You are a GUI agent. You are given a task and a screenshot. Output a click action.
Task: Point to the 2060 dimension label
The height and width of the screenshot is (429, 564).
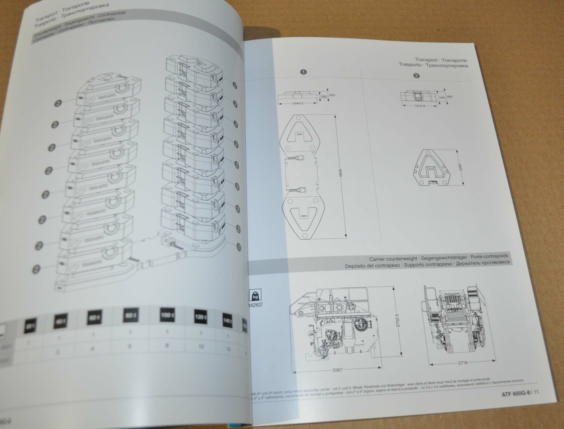(x=460, y=167)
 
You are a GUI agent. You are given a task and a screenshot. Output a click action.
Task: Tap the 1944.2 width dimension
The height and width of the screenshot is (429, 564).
(x=297, y=104)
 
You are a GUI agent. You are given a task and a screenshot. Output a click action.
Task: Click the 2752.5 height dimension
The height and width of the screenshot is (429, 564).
(x=396, y=320)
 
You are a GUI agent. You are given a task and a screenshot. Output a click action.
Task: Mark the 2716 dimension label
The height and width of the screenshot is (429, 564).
(x=463, y=363)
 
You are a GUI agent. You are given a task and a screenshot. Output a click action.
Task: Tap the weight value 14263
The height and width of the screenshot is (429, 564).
(x=255, y=305)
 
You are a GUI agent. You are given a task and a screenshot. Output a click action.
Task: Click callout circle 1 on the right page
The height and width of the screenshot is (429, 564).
(x=303, y=72)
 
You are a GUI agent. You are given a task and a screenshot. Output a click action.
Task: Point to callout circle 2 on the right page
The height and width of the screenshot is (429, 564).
(x=416, y=76)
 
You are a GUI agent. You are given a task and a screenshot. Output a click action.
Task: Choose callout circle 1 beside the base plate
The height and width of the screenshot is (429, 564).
(x=239, y=247)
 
